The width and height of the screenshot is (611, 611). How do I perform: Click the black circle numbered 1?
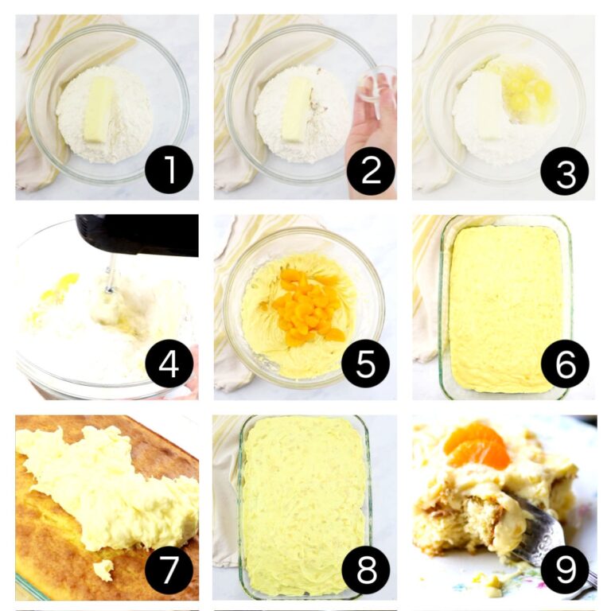[x=169, y=170]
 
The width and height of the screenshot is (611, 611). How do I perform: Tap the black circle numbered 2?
[x=371, y=171]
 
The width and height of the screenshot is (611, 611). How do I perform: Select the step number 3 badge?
[x=565, y=171]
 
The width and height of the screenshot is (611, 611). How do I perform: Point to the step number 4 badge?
[x=169, y=364]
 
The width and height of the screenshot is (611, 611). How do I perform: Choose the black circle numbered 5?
[x=365, y=364]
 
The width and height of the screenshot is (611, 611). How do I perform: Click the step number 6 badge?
[x=565, y=364]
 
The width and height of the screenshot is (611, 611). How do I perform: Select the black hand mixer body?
[x=137, y=235]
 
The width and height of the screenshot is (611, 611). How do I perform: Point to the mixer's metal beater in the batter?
[x=107, y=297]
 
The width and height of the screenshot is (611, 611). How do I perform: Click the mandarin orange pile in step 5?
[x=308, y=305]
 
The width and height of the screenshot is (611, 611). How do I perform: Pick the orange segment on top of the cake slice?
[x=477, y=444]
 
